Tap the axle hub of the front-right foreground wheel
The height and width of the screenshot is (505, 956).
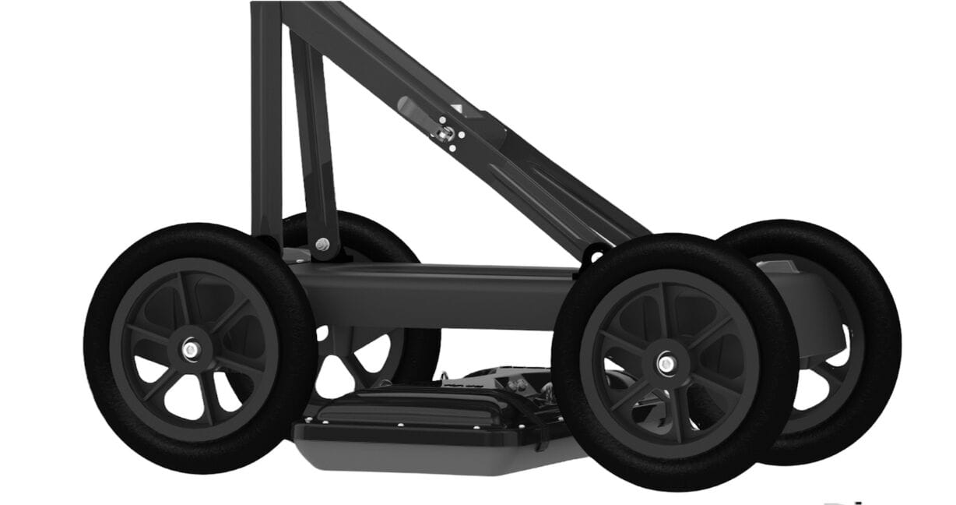(x=666, y=363)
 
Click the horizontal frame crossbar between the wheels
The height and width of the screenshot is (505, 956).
(x=436, y=295)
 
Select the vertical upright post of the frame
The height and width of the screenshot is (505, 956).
(x=265, y=117)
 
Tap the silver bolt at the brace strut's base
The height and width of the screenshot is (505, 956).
(x=322, y=245)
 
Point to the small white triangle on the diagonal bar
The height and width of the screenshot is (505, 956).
(x=457, y=109)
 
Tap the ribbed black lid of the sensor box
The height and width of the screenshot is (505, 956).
(x=413, y=405)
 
